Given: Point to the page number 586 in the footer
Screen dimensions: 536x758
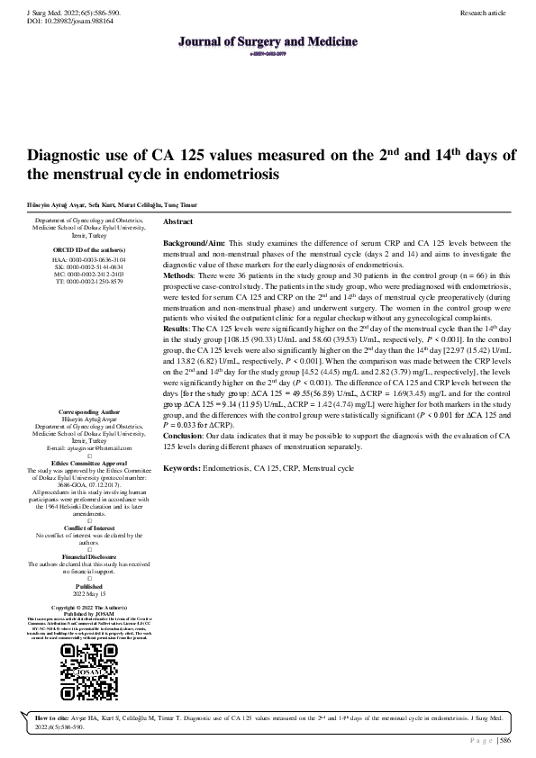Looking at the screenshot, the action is (504, 740).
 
